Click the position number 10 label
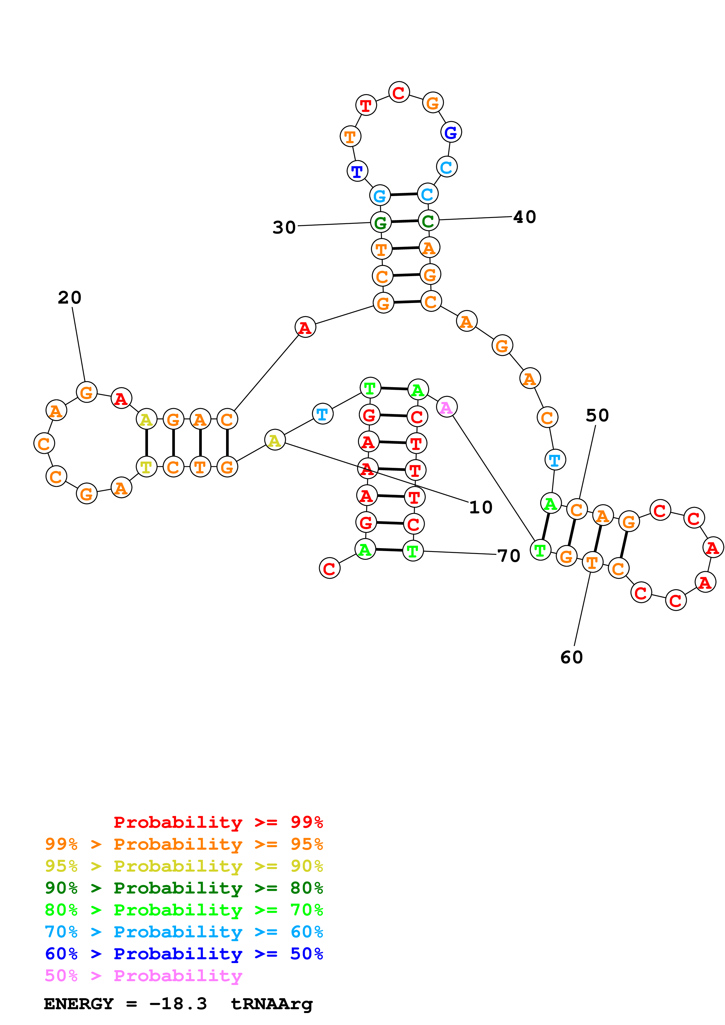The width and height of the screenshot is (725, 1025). tap(481, 507)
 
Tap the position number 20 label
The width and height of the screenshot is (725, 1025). tap(70, 298)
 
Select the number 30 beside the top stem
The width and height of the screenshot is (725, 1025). tap(284, 228)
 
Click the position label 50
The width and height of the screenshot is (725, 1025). tap(597, 415)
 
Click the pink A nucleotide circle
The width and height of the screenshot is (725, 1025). tap(446, 407)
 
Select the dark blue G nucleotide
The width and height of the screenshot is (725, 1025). tap(451, 132)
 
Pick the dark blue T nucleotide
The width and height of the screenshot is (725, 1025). tap(357, 171)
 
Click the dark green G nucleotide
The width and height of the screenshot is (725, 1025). tap(380, 222)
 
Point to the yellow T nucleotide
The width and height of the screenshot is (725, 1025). tap(146, 467)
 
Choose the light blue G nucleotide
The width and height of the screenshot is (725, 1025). tap(380, 195)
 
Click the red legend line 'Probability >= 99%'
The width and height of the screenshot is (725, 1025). tap(218, 822)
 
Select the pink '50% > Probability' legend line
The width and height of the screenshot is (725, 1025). tap(143, 975)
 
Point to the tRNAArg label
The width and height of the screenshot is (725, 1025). tap(272, 1004)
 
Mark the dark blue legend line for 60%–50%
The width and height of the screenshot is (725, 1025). tap(184, 954)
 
